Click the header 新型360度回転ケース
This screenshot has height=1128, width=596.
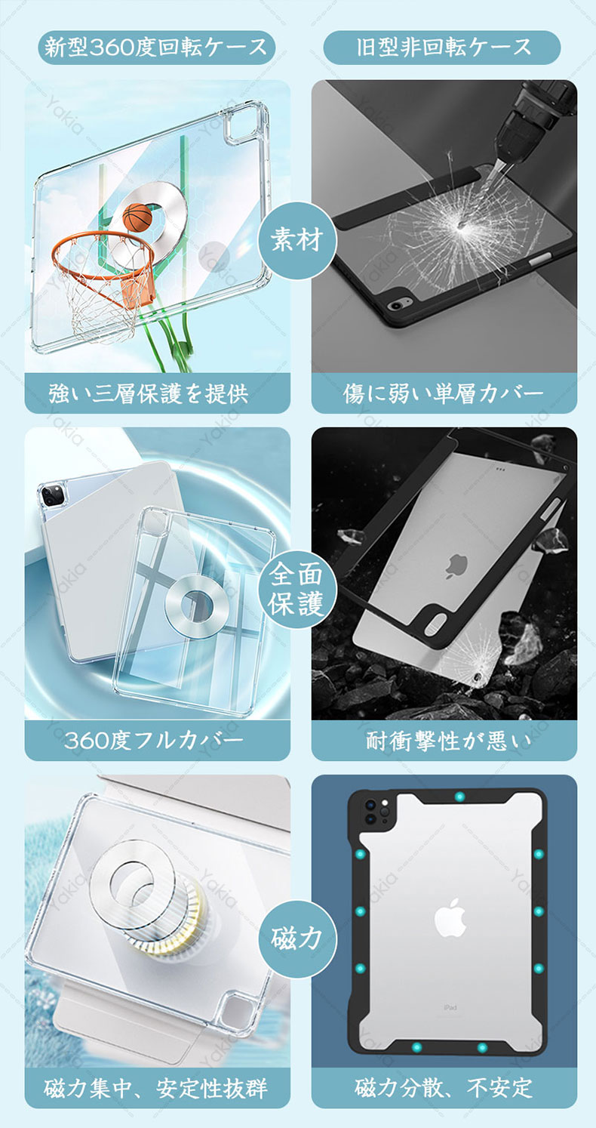157,48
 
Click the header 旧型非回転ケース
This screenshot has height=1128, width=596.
442,48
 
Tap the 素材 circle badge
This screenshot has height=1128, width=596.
297,240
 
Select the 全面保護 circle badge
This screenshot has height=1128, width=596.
297,588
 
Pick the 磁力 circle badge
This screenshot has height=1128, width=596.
297,938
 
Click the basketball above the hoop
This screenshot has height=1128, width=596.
137,217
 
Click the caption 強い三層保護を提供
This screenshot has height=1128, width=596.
149,393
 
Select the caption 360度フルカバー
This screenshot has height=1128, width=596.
154,741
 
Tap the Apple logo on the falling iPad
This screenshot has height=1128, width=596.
456,565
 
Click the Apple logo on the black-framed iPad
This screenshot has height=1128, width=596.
450,917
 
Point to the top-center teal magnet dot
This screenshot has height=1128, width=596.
459,797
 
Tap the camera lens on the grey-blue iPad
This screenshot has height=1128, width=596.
52,495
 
